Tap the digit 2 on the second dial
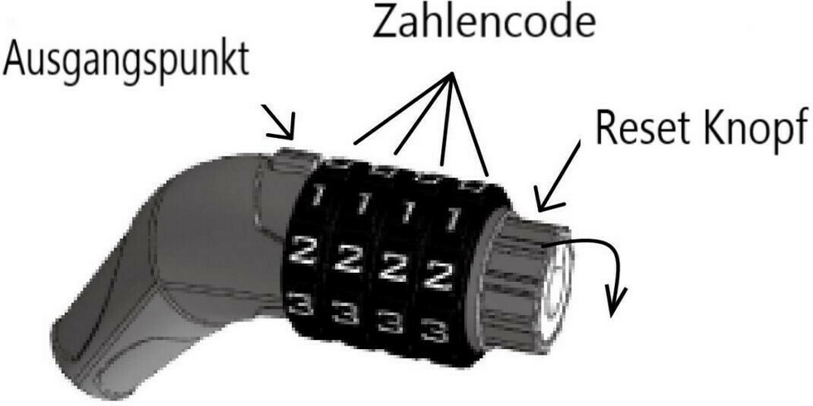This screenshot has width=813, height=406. coord(350,259)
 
